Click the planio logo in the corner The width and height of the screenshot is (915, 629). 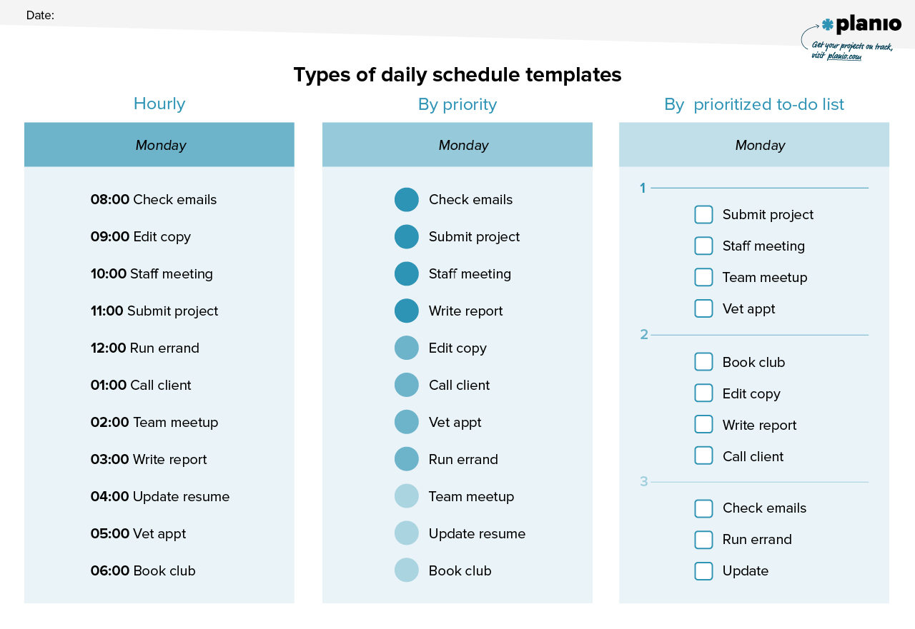click(x=861, y=25)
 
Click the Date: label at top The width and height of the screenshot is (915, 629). click(x=40, y=15)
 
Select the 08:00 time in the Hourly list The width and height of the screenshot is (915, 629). click(x=109, y=200)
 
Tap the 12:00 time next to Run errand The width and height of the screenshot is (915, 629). click(x=108, y=348)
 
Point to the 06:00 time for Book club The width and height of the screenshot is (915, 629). click(x=109, y=571)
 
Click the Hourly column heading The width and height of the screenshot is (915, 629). click(x=159, y=104)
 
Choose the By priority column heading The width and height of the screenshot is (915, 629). click(x=457, y=104)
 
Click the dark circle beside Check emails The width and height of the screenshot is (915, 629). click(x=407, y=200)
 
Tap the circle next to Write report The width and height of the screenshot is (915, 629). click(x=407, y=311)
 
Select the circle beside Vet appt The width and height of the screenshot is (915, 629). click(x=407, y=423)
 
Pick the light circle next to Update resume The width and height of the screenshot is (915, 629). click(x=407, y=534)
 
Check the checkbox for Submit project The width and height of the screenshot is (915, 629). click(x=704, y=215)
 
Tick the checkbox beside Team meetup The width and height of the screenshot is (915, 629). click(x=704, y=278)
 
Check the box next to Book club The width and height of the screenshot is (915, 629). click(x=704, y=362)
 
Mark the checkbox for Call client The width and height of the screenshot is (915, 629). click(x=704, y=456)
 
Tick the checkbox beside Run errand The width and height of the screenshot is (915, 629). click(x=704, y=540)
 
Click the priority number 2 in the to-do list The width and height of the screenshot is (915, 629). click(x=644, y=335)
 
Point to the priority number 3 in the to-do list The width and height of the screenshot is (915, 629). click(x=644, y=482)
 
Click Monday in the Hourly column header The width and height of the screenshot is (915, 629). click(x=161, y=146)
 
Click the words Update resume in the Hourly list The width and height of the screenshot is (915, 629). click(x=181, y=497)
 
